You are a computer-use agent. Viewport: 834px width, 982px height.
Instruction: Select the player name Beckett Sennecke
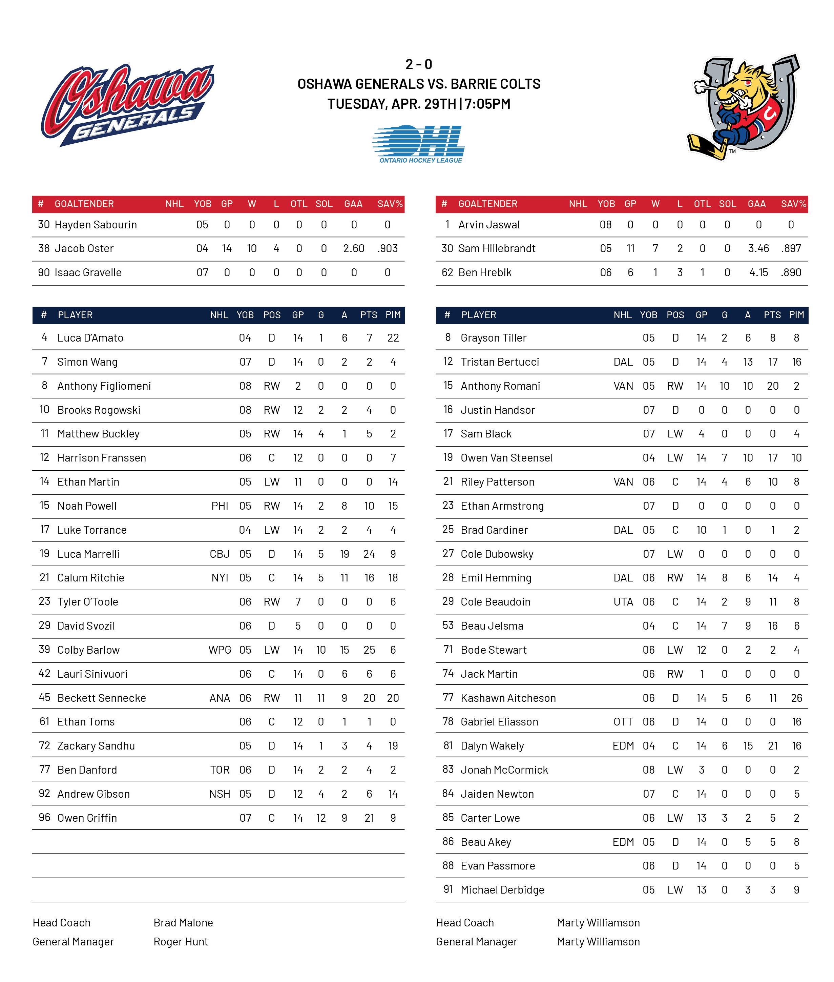coord(101,698)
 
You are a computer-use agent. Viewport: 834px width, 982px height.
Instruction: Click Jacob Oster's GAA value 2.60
coord(353,248)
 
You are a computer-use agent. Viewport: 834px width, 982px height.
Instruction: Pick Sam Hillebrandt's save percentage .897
coord(791,248)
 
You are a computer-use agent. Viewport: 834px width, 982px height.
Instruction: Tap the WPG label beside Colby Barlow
coord(220,650)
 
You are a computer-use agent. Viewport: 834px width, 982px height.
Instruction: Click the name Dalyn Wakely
coord(492,745)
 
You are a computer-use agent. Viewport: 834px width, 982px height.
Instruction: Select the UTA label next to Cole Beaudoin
coord(623,602)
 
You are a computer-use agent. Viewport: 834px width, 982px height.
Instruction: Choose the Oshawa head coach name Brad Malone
coord(183,922)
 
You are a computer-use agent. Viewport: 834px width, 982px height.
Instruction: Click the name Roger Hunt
coord(181,942)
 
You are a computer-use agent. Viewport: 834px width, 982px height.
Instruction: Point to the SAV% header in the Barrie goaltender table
coord(793,204)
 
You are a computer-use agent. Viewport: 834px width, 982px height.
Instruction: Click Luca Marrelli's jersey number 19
coord(44,553)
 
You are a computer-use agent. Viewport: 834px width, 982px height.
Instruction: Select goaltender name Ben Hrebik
coord(485,272)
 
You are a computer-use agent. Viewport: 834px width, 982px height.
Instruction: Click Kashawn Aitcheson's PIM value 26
coord(796,698)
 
